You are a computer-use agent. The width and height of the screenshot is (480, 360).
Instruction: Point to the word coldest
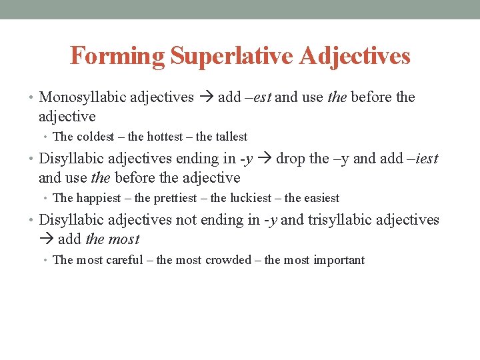(98, 137)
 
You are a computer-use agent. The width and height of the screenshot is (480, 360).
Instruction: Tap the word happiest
(99, 198)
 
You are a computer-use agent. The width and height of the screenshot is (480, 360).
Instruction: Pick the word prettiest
(175, 198)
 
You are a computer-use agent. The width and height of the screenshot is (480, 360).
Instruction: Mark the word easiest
(321, 198)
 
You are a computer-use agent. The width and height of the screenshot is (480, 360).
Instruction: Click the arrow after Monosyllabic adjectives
(205, 97)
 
